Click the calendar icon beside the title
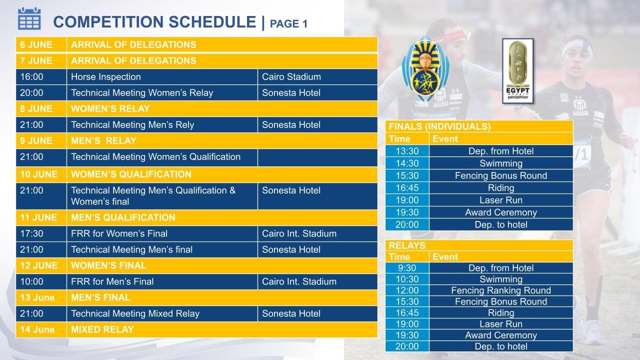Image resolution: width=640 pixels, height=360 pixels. click(29, 19)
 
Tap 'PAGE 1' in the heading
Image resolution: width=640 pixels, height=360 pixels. click(288, 23)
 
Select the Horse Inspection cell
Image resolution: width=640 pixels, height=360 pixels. click(105, 77)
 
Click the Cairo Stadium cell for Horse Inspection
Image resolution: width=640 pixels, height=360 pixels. click(291, 77)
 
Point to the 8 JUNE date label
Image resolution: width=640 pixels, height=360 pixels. click(36, 109)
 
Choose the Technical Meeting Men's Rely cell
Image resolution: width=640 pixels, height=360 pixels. click(132, 125)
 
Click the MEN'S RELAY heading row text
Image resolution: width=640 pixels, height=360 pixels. click(103, 141)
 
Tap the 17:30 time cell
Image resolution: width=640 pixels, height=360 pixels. click(31, 233)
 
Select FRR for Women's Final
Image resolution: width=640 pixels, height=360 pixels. click(119, 233)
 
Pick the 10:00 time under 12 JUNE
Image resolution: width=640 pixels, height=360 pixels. click(31, 281)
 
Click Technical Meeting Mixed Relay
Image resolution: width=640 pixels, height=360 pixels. click(135, 313)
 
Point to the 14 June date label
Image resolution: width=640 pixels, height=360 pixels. click(37, 329)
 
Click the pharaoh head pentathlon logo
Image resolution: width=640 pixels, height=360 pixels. click(425, 69)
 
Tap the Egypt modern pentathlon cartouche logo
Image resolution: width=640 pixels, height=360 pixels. click(517, 71)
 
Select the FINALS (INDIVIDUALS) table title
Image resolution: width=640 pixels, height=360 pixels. click(439, 126)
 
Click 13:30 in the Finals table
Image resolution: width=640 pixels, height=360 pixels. click(407, 151)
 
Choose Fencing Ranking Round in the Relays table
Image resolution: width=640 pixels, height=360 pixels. click(501, 290)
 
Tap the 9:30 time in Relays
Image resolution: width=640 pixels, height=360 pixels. click(407, 268)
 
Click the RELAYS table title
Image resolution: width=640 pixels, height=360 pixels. click(407, 245)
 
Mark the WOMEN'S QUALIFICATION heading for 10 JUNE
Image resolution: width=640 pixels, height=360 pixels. click(131, 174)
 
